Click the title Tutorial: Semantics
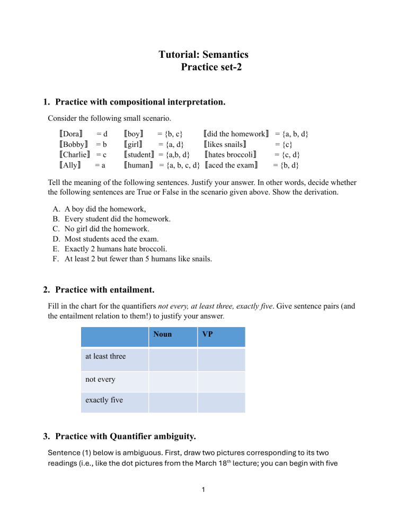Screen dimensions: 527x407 click(x=203, y=54)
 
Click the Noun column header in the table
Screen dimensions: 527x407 click(x=162, y=335)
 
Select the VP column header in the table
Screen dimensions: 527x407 click(x=208, y=335)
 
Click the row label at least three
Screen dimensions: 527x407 click(x=105, y=356)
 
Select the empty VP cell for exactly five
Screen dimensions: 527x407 click(x=221, y=402)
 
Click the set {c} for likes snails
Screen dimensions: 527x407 click(x=284, y=145)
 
